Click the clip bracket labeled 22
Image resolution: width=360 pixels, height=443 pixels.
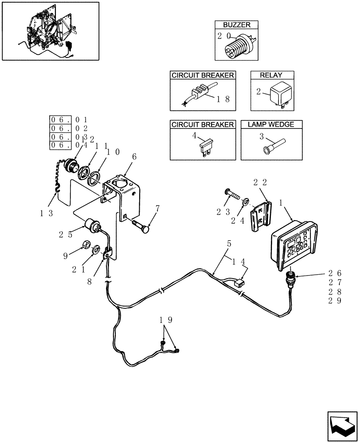[259, 216]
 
